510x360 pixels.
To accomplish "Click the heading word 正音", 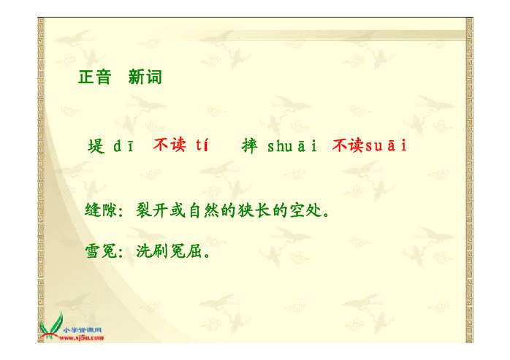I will click(94, 77).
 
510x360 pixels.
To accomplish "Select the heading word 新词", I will click(145, 77).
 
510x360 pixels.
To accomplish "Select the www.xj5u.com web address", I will click(82, 337).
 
